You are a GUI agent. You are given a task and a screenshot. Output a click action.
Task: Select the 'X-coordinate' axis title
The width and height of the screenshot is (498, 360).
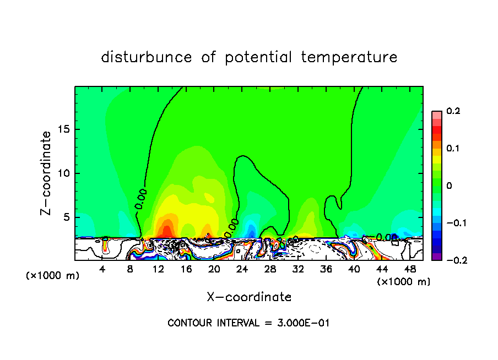(249, 297)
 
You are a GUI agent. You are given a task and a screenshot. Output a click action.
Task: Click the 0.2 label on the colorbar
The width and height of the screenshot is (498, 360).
(453, 111)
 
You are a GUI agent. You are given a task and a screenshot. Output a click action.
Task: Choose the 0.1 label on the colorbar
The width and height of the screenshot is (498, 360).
(453, 149)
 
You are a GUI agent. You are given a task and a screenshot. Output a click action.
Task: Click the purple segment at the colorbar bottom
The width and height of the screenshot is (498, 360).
(436, 256)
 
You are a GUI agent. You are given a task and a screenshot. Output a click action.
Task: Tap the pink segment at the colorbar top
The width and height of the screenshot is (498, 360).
(436, 114)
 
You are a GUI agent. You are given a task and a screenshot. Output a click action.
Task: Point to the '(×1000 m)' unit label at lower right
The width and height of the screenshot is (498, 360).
(403, 282)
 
